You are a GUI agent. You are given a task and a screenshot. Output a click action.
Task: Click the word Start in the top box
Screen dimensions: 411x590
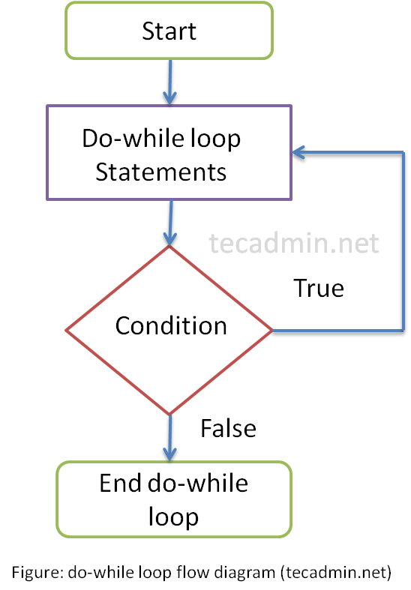169,31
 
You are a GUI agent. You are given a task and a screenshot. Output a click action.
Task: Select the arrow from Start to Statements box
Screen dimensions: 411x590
169,82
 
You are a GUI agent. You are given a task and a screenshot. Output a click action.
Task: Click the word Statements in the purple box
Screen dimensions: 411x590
160,172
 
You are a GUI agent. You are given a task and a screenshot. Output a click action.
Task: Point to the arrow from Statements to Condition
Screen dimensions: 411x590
170,223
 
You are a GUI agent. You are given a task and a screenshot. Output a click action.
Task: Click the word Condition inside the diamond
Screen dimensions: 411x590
171,325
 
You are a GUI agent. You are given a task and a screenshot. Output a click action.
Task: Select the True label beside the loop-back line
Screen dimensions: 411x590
319,288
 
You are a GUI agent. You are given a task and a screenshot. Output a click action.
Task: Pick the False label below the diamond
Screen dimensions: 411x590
228,428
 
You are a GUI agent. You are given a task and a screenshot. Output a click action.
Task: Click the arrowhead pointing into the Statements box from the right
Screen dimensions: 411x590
298,152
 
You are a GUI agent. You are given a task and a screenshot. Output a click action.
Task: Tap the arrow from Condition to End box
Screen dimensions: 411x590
169,438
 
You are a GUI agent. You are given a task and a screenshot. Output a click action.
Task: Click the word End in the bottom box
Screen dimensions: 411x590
121,483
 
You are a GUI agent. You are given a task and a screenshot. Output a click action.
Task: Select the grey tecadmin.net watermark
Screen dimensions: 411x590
293,243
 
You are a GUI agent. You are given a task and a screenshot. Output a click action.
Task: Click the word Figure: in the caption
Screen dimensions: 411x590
37,573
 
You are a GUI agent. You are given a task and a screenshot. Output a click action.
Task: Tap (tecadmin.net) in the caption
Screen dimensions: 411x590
336,573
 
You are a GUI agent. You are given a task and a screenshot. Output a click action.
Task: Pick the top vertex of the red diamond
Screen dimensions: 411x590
169,246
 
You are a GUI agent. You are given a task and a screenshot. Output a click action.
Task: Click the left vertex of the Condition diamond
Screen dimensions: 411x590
66,331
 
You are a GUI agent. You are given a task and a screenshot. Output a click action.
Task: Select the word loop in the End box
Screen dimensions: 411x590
173,518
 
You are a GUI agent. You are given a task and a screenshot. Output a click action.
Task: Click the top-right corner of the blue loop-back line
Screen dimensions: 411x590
403,152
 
